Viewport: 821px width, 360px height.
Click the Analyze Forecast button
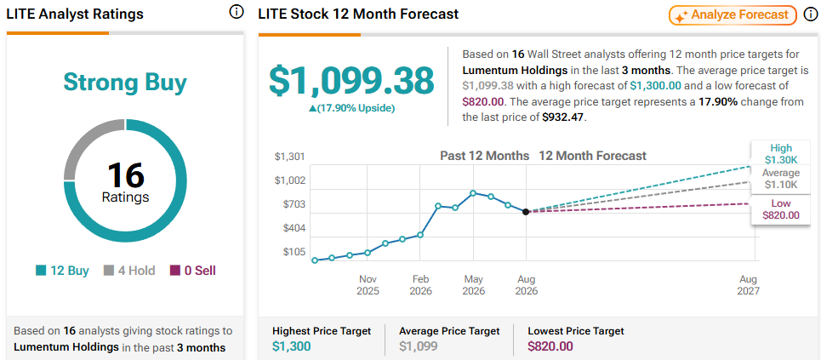tap(733, 15)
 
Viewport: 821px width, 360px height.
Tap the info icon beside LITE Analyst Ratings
tap(237, 12)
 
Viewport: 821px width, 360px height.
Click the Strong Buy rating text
tap(124, 83)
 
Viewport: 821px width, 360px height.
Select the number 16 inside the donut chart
tap(125, 174)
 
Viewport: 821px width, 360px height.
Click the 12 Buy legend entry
tap(62, 271)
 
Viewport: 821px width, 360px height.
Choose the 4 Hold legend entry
tap(129, 271)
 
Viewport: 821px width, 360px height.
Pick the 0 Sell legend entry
tap(192, 271)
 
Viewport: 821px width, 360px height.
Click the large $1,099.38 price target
tap(351, 80)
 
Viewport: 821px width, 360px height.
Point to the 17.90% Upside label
tap(352, 108)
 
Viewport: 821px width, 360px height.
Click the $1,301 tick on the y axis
tap(289, 157)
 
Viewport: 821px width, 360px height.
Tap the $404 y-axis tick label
tap(293, 228)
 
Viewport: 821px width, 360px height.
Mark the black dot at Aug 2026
tap(527, 212)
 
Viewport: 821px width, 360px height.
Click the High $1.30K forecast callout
tap(781, 153)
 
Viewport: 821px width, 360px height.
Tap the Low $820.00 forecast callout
tap(781, 209)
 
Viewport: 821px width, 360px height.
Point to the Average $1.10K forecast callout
tap(781, 179)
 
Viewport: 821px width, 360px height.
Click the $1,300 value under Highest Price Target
tap(292, 346)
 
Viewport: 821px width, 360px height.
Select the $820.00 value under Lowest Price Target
tap(550, 346)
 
